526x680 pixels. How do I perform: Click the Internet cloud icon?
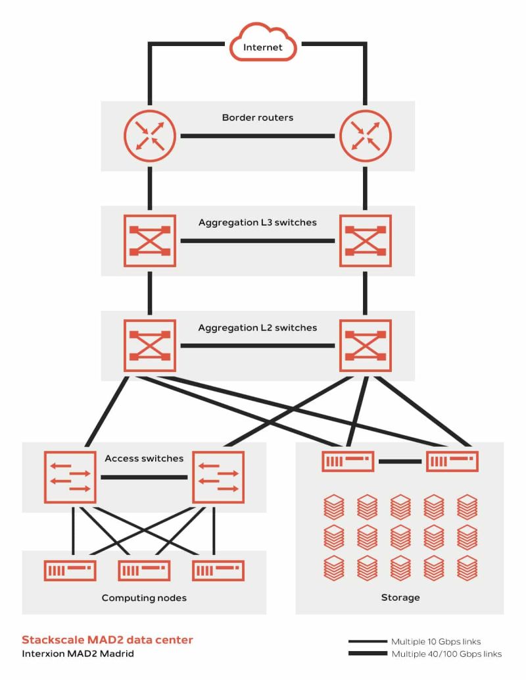263,44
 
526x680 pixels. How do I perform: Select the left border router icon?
150,136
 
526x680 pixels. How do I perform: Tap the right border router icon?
365,136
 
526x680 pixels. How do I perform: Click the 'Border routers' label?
258,118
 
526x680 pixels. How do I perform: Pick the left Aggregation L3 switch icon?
150,240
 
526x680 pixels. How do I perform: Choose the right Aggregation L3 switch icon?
365,240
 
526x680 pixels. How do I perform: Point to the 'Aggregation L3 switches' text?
258,222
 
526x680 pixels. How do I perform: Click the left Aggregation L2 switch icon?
150,345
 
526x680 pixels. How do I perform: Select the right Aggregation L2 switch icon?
365,345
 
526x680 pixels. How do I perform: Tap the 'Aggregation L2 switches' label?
258,327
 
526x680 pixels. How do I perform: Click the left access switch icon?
70,477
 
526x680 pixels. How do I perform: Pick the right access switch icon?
218,477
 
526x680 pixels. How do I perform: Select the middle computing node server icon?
144,570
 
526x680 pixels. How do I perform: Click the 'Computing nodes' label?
144,598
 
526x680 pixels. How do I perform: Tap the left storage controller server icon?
348,461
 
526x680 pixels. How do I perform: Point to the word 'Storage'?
400,598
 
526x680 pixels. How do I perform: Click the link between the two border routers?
258,136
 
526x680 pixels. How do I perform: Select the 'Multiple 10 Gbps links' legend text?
436,641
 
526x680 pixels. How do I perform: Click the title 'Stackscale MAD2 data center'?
108,640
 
